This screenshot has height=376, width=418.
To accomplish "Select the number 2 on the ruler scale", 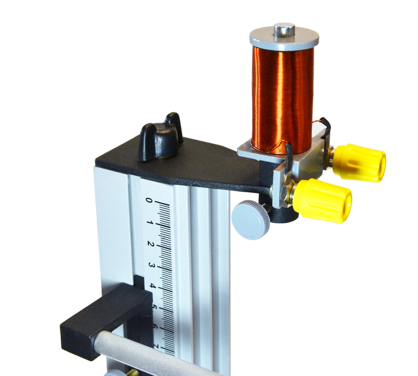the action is pos(150,244).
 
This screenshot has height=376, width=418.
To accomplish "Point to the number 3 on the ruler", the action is pos(152,265).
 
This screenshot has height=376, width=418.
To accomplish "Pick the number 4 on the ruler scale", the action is pos(152,286).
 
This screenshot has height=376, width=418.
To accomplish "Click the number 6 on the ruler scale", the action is pos(155,327).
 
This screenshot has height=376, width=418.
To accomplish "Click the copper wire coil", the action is pos(283,100).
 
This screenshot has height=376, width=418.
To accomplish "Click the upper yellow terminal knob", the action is pos(359,163).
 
